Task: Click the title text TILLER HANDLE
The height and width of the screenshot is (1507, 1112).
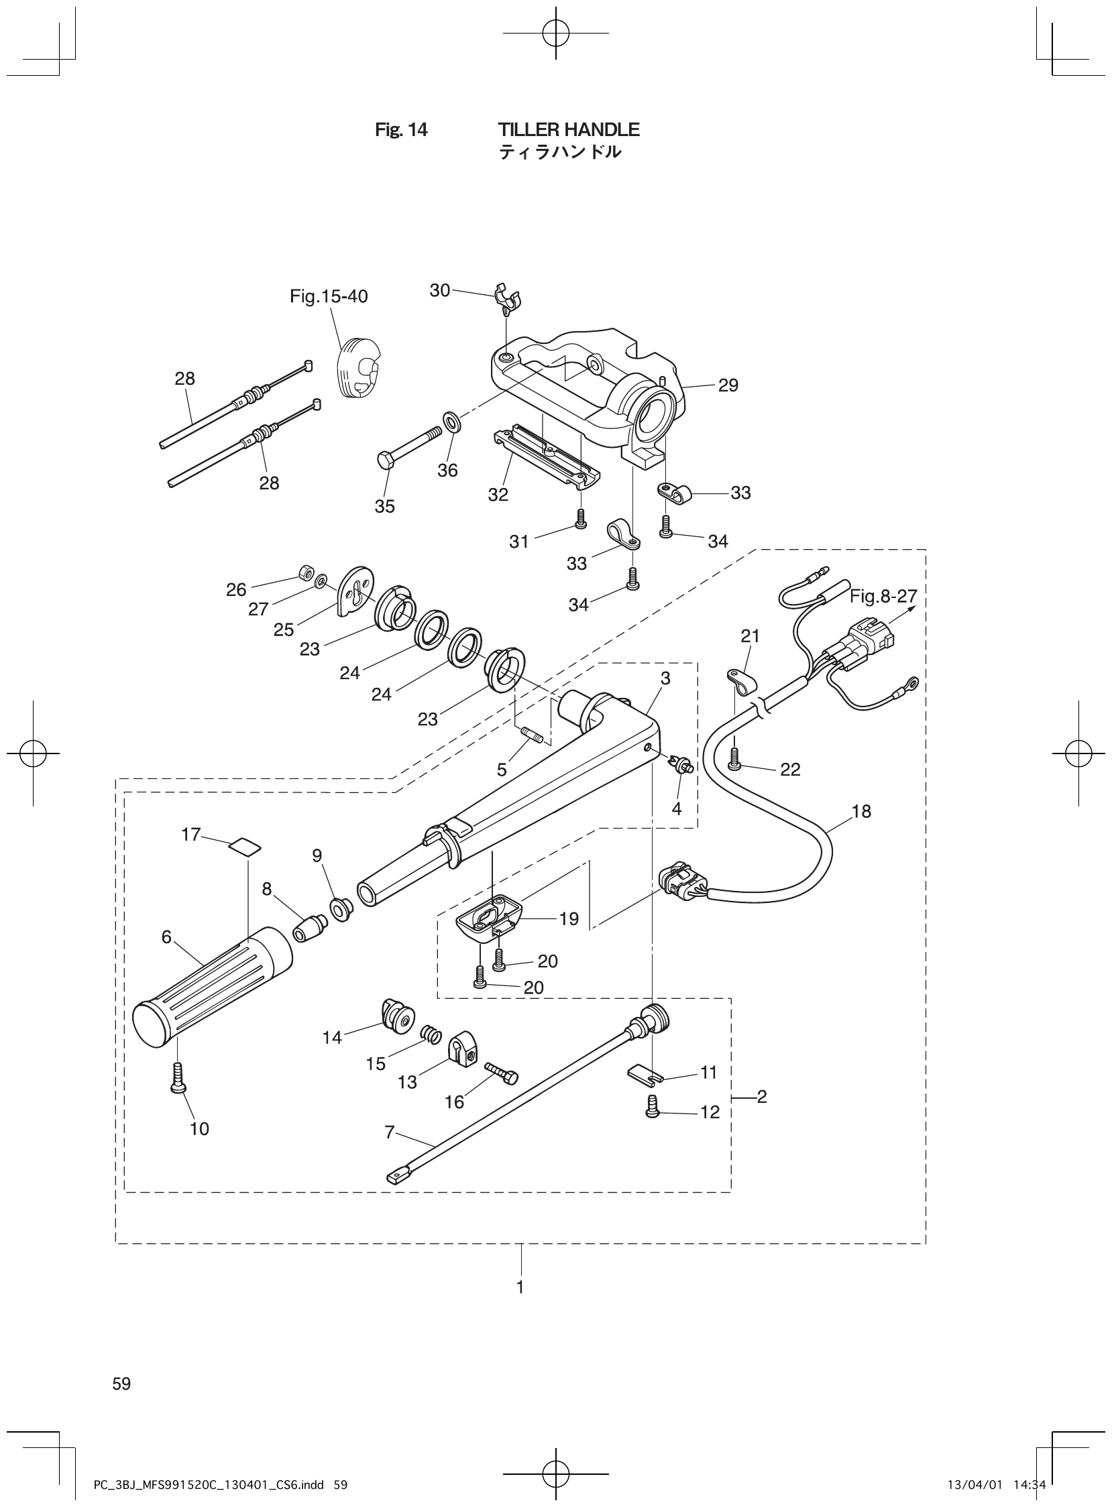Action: click(569, 130)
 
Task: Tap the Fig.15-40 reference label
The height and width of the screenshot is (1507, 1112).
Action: click(329, 297)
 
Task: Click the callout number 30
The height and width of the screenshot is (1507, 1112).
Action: click(439, 291)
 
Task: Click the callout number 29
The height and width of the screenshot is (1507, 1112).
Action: click(728, 385)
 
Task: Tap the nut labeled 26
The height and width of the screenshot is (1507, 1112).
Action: click(304, 573)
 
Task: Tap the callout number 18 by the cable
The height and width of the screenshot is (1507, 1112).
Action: click(861, 811)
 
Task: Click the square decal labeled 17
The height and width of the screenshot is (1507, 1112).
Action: click(244, 845)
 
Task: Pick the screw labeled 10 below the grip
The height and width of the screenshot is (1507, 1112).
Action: click(178, 1076)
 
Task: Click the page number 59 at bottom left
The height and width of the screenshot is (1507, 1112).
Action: click(122, 1384)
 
